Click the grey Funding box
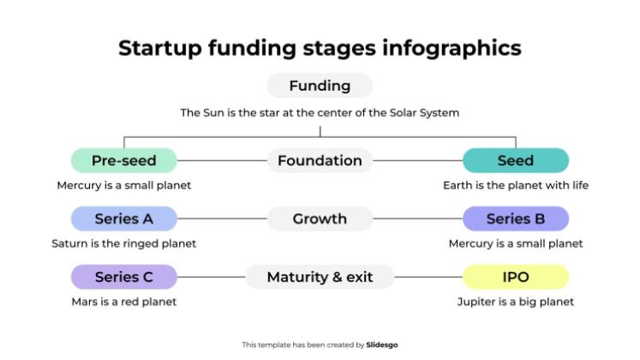click(x=320, y=86)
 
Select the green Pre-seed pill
click(x=124, y=160)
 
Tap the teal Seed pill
click(x=515, y=160)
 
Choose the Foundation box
click(x=320, y=160)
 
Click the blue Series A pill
click(x=124, y=219)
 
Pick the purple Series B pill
click(x=515, y=219)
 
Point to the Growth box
click(x=320, y=219)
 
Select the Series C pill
click(x=124, y=277)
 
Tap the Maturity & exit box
click(x=320, y=277)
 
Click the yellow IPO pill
click(x=515, y=277)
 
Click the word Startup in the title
click(x=160, y=48)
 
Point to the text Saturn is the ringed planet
click(x=124, y=243)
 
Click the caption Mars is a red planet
click(x=124, y=302)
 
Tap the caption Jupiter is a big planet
click(x=515, y=302)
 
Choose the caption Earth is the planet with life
click(x=515, y=185)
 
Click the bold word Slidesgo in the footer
click(x=382, y=345)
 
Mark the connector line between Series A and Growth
click(x=222, y=219)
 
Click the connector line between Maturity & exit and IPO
click(x=428, y=277)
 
